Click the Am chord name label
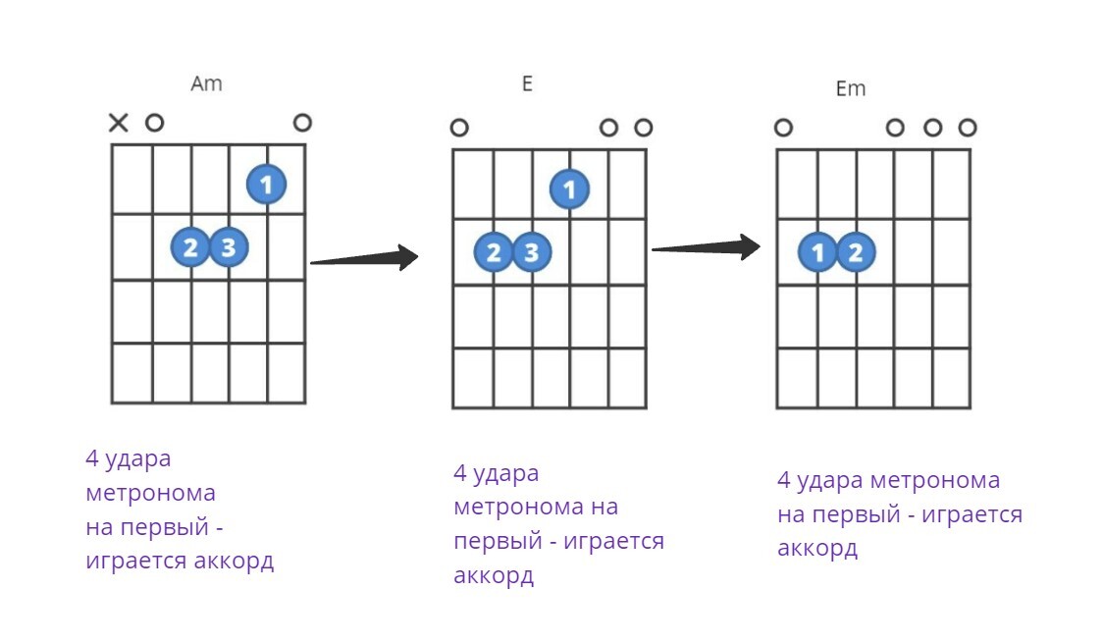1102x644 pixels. click(x=206, y=83)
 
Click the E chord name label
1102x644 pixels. click(x=527, y=83)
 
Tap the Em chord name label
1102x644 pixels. click(x=850, y=88)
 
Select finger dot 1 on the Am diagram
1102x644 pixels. click(x=266, y=184)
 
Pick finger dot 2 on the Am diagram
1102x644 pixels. click(x=190, y=247)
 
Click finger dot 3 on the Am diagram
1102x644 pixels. click(x=228, y=247)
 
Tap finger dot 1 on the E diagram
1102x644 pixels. click(x=569, y=188)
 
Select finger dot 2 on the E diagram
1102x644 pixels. click(x=494, y=252)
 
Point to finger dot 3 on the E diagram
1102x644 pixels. click(x=531, y=252)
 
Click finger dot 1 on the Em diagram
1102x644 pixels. click(x=817, y=252)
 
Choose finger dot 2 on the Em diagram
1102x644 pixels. click(x=855, y=252)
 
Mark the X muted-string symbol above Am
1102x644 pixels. click(x=118, y=123)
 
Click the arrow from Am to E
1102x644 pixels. click(x=364, y=259)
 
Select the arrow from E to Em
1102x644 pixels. click(x=706, y=247)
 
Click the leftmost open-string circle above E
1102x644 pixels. click(x=459, y=128)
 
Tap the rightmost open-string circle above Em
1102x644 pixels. click(x=968, y=128)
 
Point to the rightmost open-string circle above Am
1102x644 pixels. click(x=302, y=123)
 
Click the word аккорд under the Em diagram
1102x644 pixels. click(x=817, y=548)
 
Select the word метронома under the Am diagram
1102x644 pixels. click(x=150, y=493)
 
